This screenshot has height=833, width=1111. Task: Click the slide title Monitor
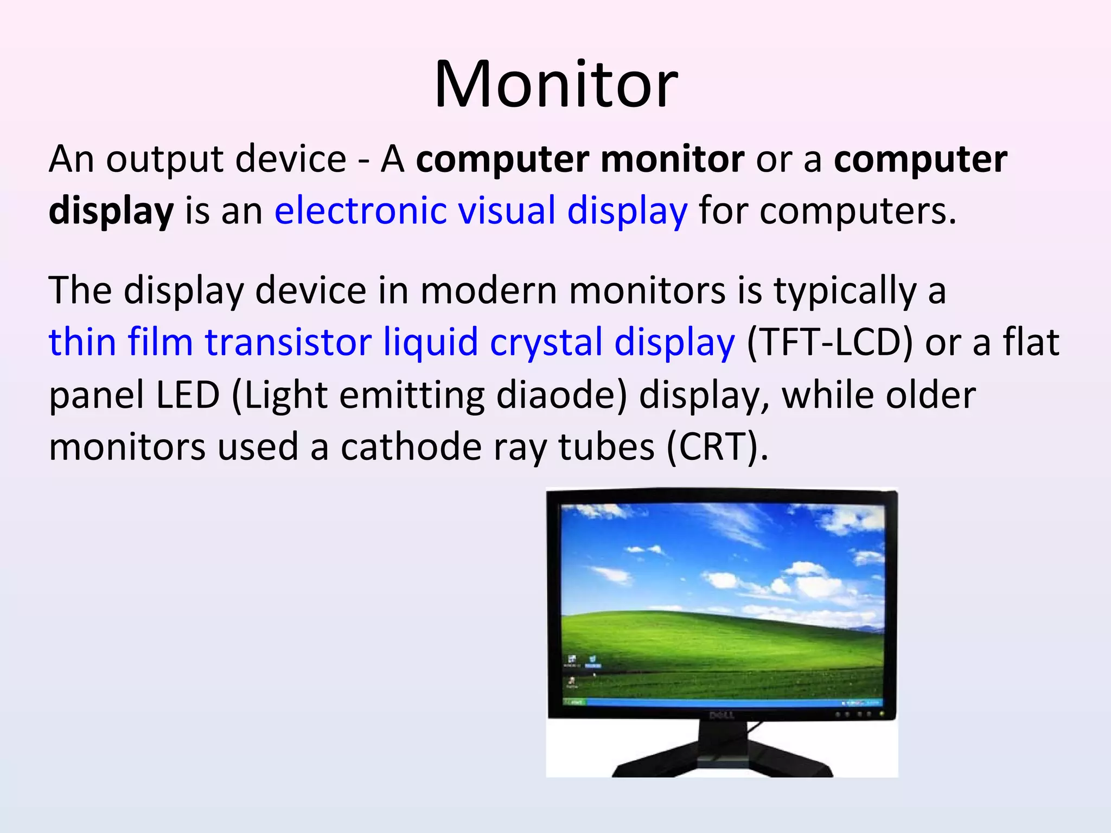pos(555,85)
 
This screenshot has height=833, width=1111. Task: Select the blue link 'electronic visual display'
pos(481,210)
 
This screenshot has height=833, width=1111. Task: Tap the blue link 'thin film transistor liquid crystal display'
pos(392,342)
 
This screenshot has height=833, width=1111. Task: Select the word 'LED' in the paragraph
pos(188,395)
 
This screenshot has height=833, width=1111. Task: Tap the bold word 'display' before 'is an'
pos(111,210)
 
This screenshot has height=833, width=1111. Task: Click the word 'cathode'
pos(411,447)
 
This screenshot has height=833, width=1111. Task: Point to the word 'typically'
pos(845,291)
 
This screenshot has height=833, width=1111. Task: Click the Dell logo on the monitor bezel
pos(721,715)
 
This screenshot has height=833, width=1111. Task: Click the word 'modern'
pos(488,291)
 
